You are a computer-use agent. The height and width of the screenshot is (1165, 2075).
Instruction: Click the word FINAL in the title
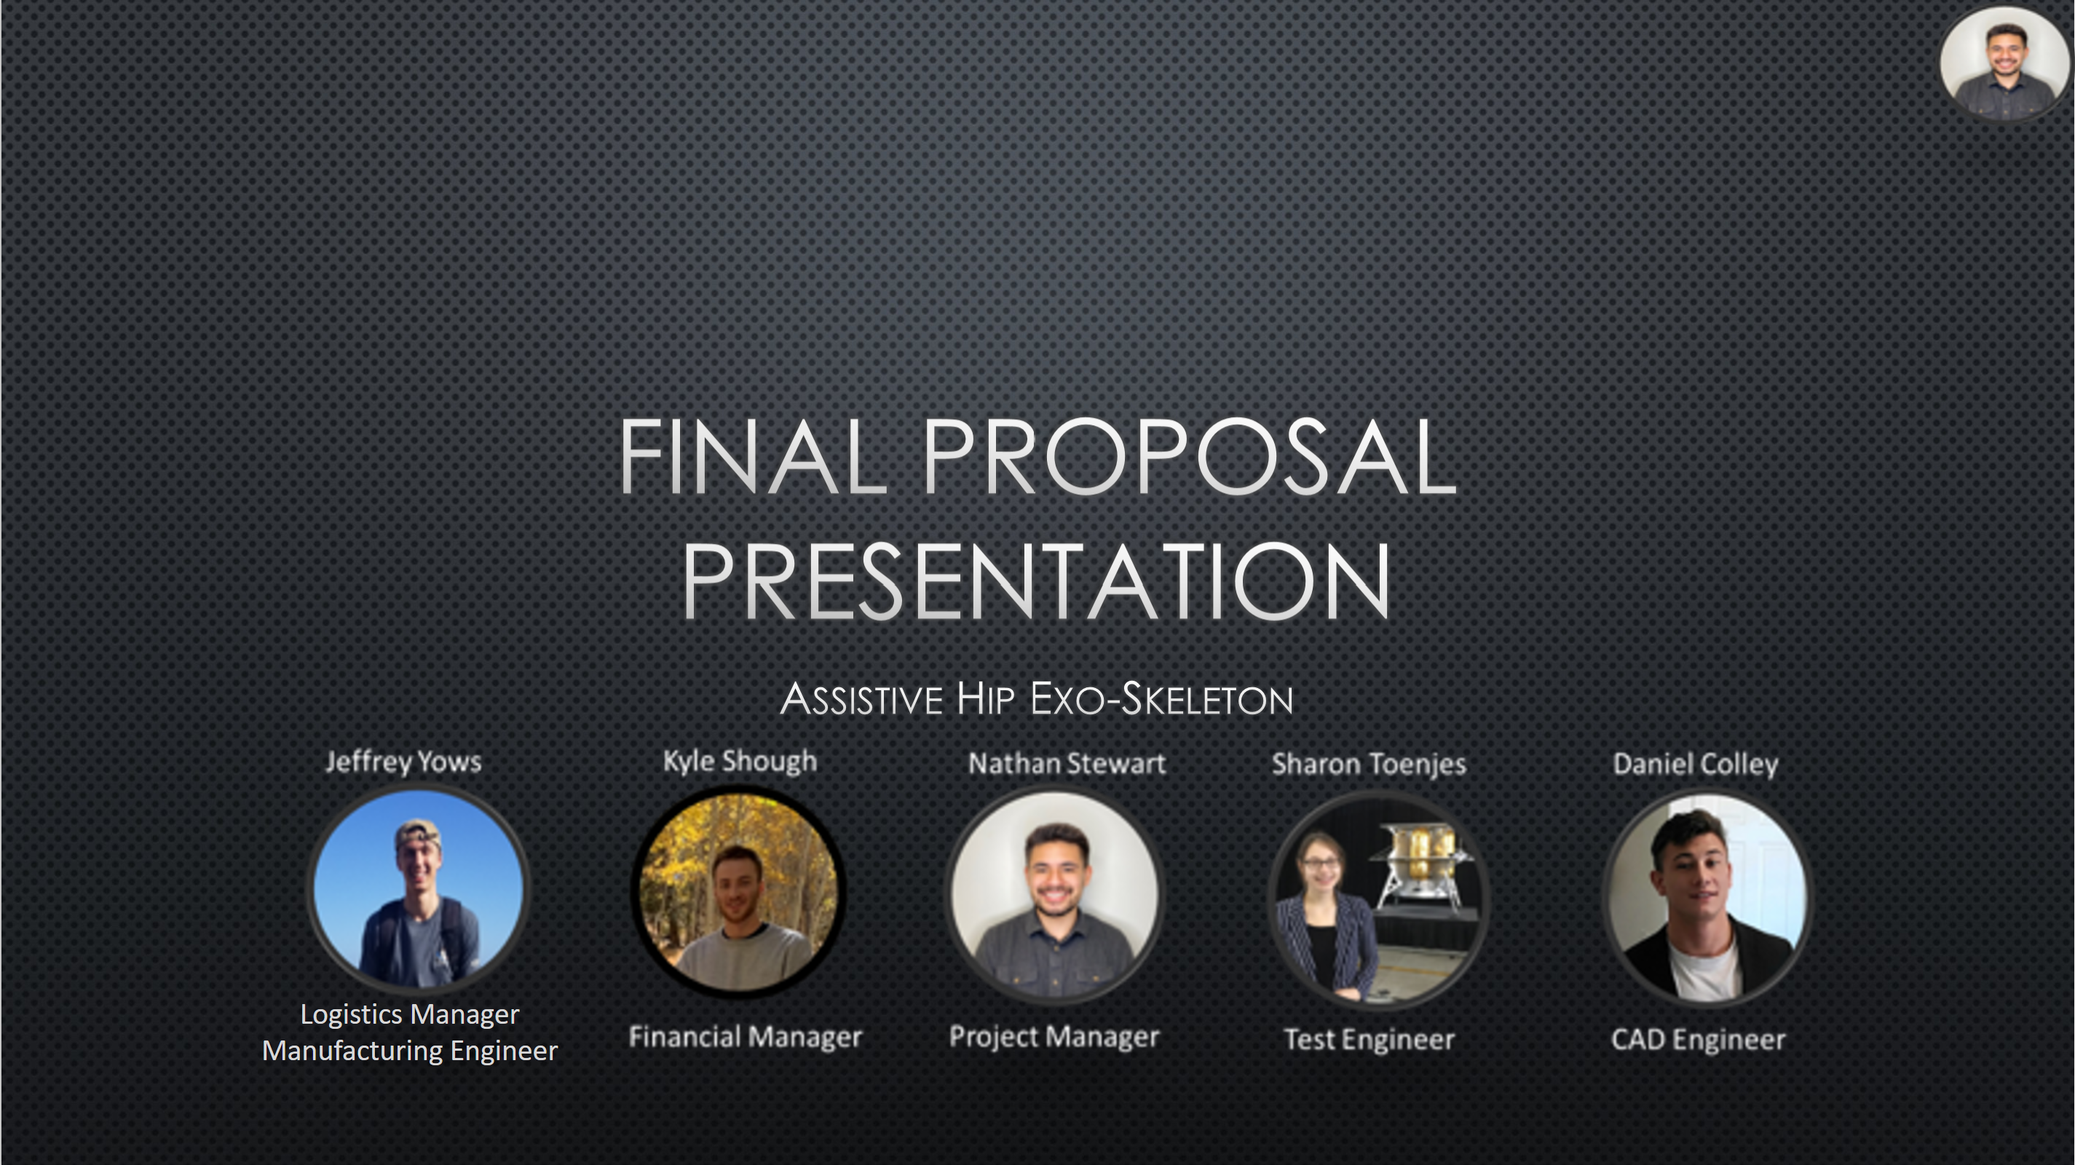tap(752, 456)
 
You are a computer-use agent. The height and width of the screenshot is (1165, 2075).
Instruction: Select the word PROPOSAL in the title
tap(1190, 456)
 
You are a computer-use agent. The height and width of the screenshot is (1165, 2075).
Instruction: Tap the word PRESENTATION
tap(1037, 581)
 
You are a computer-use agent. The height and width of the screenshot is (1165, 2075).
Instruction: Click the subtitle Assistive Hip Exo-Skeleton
tap(1037, 698)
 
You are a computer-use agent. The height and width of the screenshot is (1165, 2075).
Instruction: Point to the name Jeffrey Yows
tap(403, 762)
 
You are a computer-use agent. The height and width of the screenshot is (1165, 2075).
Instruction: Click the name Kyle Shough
tap(740, 762)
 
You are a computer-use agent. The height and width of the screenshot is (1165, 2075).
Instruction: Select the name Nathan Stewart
tap(1067, 764)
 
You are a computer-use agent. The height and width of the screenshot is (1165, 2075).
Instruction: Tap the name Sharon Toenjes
tap(1369, 765)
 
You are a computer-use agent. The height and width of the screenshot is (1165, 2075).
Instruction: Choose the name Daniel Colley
tap(1696, 765)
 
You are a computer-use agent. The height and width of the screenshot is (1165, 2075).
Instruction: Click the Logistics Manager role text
tap(410, 1015)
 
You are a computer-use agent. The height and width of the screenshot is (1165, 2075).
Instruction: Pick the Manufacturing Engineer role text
tap(410, 1051)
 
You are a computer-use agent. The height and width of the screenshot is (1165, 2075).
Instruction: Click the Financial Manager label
tap(745, 1037)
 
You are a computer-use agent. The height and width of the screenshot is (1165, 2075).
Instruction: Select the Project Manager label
tap(1054, 1037)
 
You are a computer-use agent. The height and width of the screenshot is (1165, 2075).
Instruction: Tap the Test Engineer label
tap(1369, 1040)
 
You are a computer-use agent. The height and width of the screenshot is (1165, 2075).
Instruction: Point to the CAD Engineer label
tap(1698, 1040)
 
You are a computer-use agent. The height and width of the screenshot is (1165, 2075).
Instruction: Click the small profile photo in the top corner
tap(2005, 63)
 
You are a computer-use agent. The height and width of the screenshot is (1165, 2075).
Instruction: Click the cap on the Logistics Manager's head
tap(418, 834)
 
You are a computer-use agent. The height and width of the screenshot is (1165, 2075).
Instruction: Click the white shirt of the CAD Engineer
tap(1707, 971)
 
